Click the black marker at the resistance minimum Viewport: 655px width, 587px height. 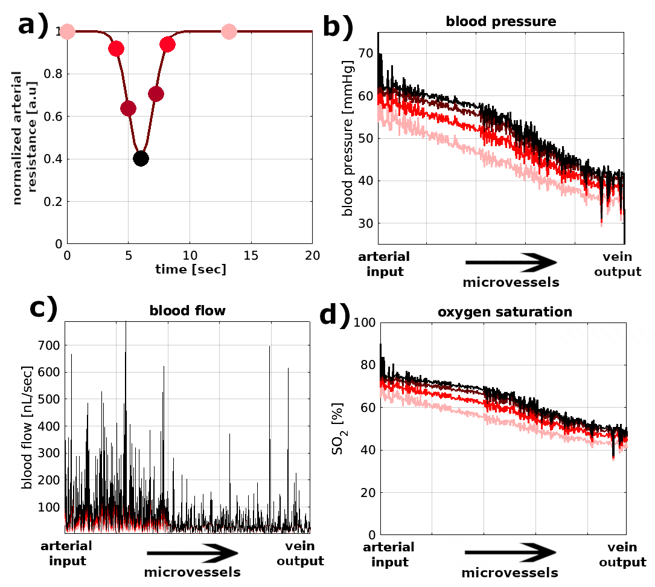coord(141,159)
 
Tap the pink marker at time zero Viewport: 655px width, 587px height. coord(67,31)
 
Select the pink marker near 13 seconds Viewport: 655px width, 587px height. coord(229,32)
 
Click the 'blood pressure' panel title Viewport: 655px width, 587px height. coord(500,22)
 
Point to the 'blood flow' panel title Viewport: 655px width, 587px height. coord(187,312)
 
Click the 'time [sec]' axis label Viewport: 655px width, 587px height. coord(190,270)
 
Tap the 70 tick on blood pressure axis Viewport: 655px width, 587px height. coord(364,54)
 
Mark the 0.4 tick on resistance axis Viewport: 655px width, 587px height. coord(54,159)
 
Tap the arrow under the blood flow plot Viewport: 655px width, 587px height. coord(193,553)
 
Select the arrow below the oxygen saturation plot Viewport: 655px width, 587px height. coord(511,553)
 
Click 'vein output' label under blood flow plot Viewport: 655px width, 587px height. coord(300,554)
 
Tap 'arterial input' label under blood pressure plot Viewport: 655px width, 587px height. coord(385,264)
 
